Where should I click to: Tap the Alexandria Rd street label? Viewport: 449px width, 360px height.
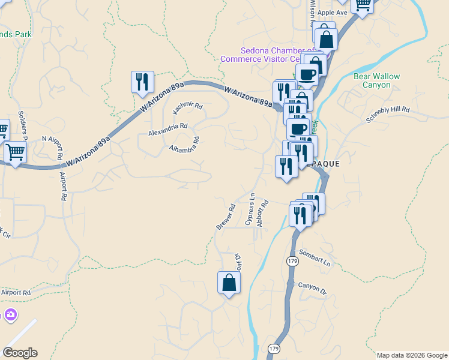point(168,127)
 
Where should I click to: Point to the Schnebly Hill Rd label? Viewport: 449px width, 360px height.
point(387,110)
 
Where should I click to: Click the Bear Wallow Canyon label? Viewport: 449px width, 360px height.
point(376,81)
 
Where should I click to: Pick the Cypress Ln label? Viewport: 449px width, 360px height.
point(250,209)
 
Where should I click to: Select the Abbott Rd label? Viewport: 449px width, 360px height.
point(262,213)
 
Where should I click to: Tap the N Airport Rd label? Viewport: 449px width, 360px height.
point(52,139)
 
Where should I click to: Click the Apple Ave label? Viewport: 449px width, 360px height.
point(333,13)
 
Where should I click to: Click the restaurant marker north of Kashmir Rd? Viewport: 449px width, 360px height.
point(142,82)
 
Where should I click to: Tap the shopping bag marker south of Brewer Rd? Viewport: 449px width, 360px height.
point(229,282)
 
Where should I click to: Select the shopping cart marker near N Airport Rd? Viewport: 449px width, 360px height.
point(15,152)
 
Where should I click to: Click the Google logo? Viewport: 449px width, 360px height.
point(20,353)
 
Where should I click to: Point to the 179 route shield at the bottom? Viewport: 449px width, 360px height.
point(274,349)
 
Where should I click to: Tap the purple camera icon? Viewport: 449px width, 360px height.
point(10,314)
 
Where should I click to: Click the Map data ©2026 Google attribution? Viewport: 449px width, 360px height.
point(412,355)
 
